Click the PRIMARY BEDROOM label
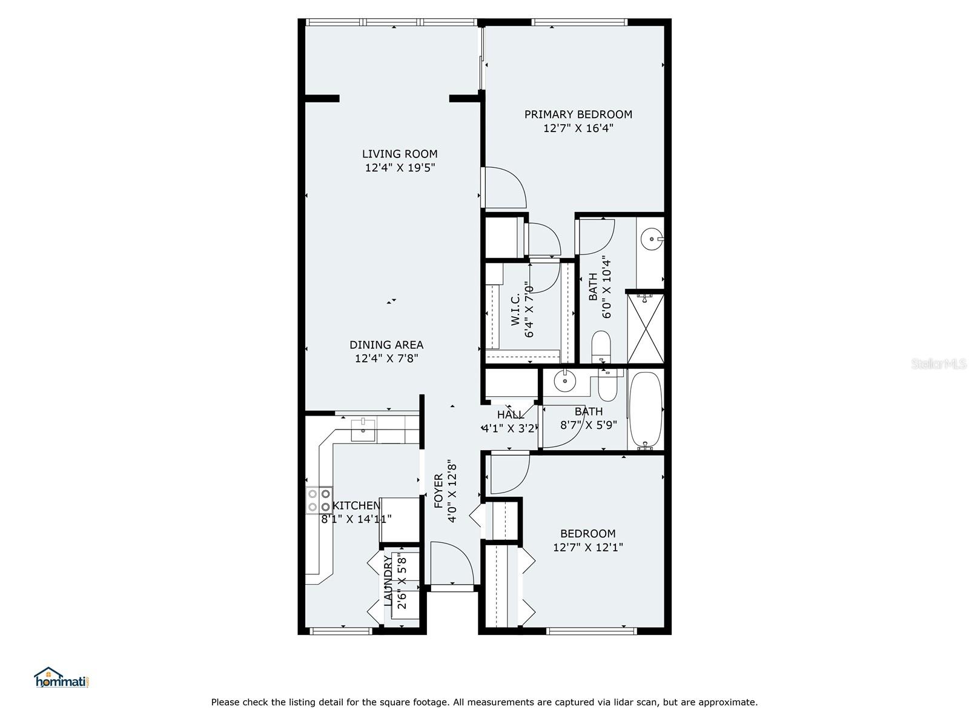click(578, 115)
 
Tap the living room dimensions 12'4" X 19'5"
click(400, 168)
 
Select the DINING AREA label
click(386, 345)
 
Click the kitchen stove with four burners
click(319, 500)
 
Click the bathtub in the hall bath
click(646, 410)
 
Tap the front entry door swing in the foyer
click(451, 563)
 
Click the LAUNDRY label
click(388, 581)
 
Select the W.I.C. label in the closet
click(515, 310)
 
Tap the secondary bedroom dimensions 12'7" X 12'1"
click(587, 548)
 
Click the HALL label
click(510, 415)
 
